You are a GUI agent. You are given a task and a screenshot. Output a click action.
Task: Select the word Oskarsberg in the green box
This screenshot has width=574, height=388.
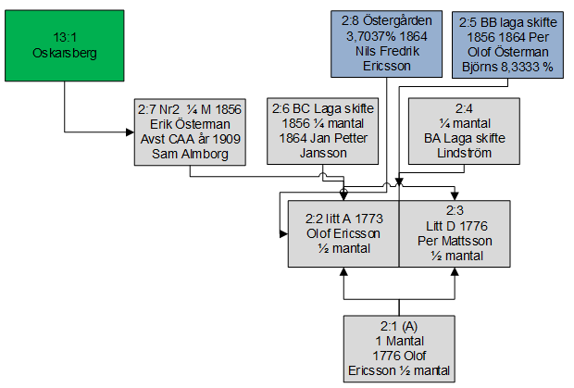point(63,53)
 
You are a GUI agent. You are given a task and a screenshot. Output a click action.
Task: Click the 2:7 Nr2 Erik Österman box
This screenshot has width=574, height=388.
point(189,132)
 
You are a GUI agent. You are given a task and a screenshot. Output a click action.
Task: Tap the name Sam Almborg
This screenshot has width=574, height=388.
point(189,154)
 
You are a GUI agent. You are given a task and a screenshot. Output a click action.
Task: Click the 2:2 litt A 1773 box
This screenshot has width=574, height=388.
point(343,233)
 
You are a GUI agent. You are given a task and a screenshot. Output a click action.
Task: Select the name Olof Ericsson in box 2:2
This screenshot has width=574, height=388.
point(343,233)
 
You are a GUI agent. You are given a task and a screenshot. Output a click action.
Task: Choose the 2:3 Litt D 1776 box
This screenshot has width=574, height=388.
point(454,233)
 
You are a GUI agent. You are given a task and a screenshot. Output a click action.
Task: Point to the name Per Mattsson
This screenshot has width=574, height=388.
point(454,241)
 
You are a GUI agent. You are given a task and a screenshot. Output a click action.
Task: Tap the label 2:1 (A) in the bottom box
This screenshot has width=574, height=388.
point(398,326)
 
